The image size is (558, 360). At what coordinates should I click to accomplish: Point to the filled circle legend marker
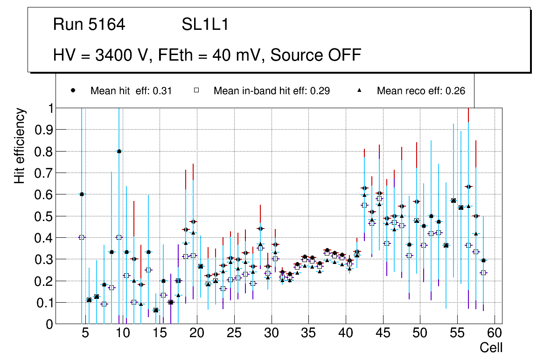pyautogui.click(x=73, y=90)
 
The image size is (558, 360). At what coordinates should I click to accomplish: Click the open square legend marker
pyautogui.click(x=196, y=90)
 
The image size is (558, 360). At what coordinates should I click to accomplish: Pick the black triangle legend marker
pyautogui.click(x=360, y=90)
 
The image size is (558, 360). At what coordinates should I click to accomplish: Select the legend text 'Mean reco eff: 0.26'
pyautogui.click(x=421, y=91)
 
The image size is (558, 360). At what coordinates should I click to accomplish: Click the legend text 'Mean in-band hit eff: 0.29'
pyautogui.click(x=272, y=91)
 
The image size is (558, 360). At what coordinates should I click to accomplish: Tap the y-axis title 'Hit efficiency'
pyautogui.click(x=20, y=145)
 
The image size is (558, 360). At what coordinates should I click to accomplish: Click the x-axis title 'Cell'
pyautogui.click(x=491, y=347)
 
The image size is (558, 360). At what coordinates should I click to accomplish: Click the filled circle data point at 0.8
pyautogui.click(x=119, y=151)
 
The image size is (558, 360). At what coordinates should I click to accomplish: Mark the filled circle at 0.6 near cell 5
pyautogui.click(x=82, y=194)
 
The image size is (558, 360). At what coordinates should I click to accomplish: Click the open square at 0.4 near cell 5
pyautogui.click(x=82, y=237)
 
